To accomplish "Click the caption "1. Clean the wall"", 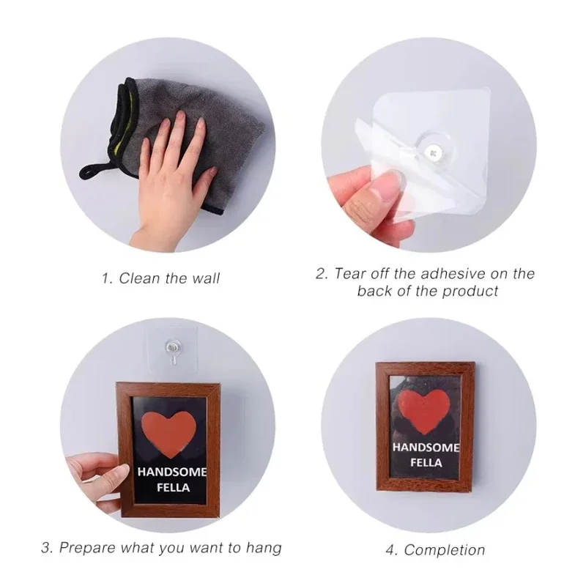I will point(160,278).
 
